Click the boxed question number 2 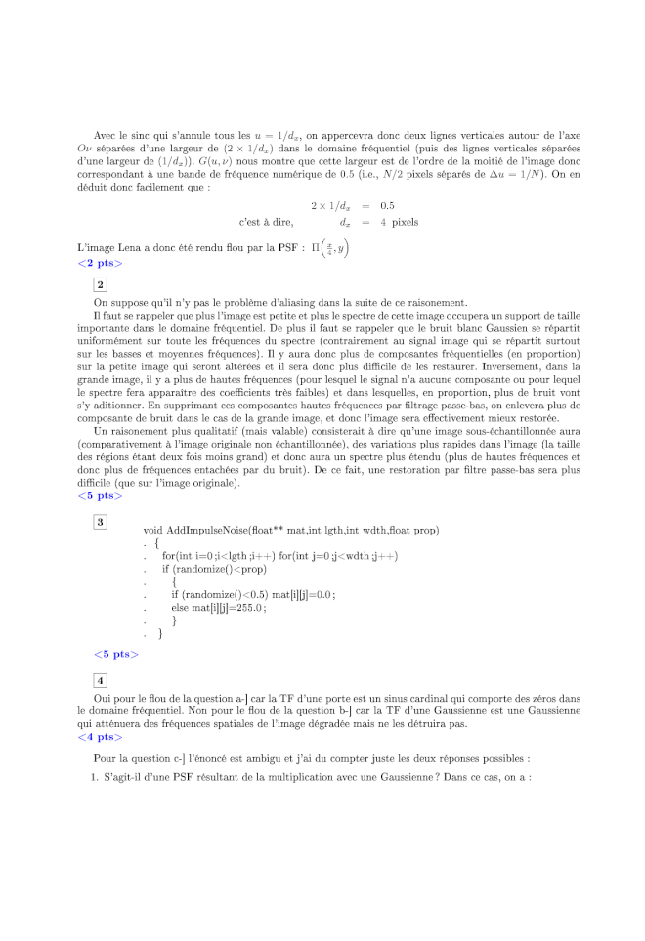coord(100,284)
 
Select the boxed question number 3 coord(100,522)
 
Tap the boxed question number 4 coord(100,680)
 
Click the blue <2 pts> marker coord(100,264)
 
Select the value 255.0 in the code coord(248,607)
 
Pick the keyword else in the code coord(180,607)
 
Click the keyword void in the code coord(152,530)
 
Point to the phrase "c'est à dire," coord(266,222)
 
